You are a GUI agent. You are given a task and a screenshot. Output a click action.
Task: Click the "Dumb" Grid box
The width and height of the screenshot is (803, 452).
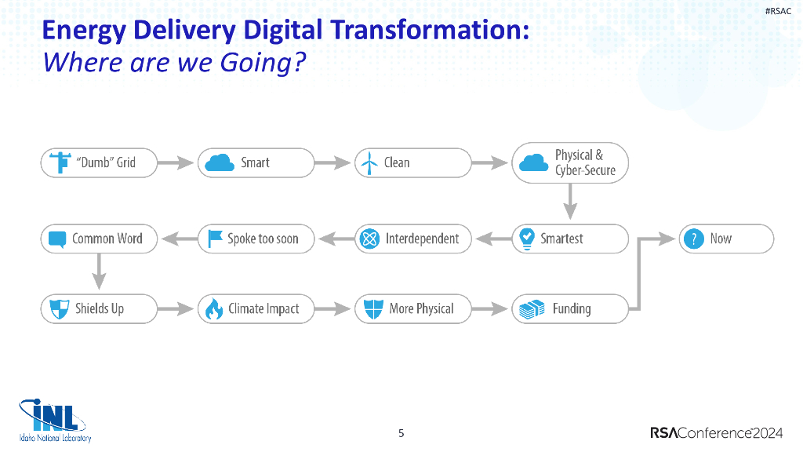point(99,162)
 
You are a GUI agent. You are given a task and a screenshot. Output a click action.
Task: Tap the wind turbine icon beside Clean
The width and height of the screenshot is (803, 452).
point(368,163)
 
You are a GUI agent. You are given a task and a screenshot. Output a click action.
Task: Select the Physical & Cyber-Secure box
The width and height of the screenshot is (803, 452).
point(570,162)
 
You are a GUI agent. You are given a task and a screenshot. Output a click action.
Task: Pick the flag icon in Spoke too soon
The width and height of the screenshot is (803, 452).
point(214,239)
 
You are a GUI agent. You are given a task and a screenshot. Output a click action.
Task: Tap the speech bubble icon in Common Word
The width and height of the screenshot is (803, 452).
point(56,239)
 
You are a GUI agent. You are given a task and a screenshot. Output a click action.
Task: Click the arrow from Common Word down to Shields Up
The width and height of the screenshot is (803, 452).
point(99,272)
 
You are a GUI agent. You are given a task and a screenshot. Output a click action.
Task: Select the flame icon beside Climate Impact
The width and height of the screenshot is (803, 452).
point(214,309)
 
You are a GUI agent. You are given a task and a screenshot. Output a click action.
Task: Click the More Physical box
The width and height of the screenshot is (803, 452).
point(413,308)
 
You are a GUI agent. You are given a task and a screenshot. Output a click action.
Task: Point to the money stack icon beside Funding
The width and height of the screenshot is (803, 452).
point(529,309)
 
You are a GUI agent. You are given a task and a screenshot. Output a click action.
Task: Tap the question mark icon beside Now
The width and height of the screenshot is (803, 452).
point(693,239)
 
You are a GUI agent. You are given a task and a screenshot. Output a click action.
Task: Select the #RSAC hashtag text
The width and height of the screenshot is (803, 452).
point(778,11)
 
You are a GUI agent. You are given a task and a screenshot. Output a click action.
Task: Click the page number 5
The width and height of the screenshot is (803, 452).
point(401,433)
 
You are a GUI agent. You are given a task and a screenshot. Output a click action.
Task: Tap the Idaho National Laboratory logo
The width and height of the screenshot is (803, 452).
point(55,421)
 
